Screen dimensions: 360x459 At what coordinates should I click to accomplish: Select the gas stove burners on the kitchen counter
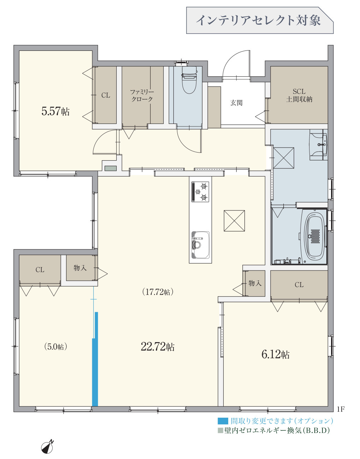pos(200,192)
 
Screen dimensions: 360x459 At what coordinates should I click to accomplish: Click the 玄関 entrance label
pos(236,103)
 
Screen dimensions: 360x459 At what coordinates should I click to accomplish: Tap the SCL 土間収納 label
pos(299,95)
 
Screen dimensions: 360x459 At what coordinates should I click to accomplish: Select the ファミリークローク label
pos(142,95)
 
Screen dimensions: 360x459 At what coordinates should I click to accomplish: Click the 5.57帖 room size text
pos(55,111)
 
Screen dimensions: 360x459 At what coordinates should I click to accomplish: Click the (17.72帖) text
pos(158,292)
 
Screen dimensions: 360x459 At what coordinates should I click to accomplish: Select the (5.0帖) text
pos(56,347)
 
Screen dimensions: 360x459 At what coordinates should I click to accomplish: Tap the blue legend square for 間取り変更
pos(223,421)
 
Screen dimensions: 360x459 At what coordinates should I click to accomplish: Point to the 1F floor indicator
pos(341,409)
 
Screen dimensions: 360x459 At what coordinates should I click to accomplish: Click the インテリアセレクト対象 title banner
pos(260,20)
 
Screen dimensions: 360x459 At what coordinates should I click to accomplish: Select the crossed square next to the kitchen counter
pos(234,221)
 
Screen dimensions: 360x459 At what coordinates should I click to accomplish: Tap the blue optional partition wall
pos(95,359)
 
